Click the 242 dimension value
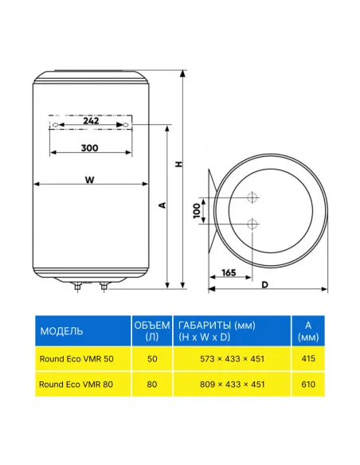coord(91,121)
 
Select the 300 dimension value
coord(89,147)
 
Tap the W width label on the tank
coord(89,180)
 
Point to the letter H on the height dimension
coord(178,164)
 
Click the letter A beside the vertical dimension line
coord(162,205)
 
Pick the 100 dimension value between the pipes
coord(197,211)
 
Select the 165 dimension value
coord(229,272)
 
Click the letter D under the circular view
coord(264,285)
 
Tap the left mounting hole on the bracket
coord(55,125)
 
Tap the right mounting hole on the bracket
coord(126,125)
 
